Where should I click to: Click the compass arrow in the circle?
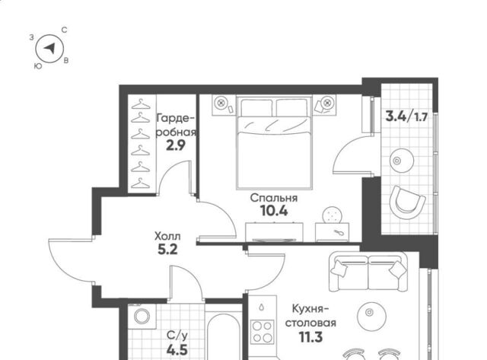click(x=49, y=48)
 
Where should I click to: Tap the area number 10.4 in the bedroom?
click(x=274, y=211)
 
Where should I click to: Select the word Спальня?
click(x=274, y=198)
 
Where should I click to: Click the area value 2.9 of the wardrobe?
click(x=176, y=145)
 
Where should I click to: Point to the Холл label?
click(x=167, y=237)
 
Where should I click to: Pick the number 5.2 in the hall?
click(x=167, y=249)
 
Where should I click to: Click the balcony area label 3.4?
click(x=396, y=116)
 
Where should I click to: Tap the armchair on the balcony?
click(x=407, y=202)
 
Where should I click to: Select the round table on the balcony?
click(x=402, y=161)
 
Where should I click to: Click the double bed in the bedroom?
click(x=274, y=142)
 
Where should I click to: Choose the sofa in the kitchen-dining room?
click(x=368, y=272)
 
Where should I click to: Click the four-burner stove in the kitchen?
click(x=263, y=331)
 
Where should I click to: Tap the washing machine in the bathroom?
click(x=142, y=316)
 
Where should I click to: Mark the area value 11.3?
click(x=310, y=337)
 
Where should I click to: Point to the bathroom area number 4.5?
click(x=177, y=350)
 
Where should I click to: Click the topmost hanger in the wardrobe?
click(x=141, y=104)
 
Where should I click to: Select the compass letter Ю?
click(x=38, y=66)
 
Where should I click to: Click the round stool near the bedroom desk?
click(x=333, y=215)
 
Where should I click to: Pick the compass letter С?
click(x=64, y=30)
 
